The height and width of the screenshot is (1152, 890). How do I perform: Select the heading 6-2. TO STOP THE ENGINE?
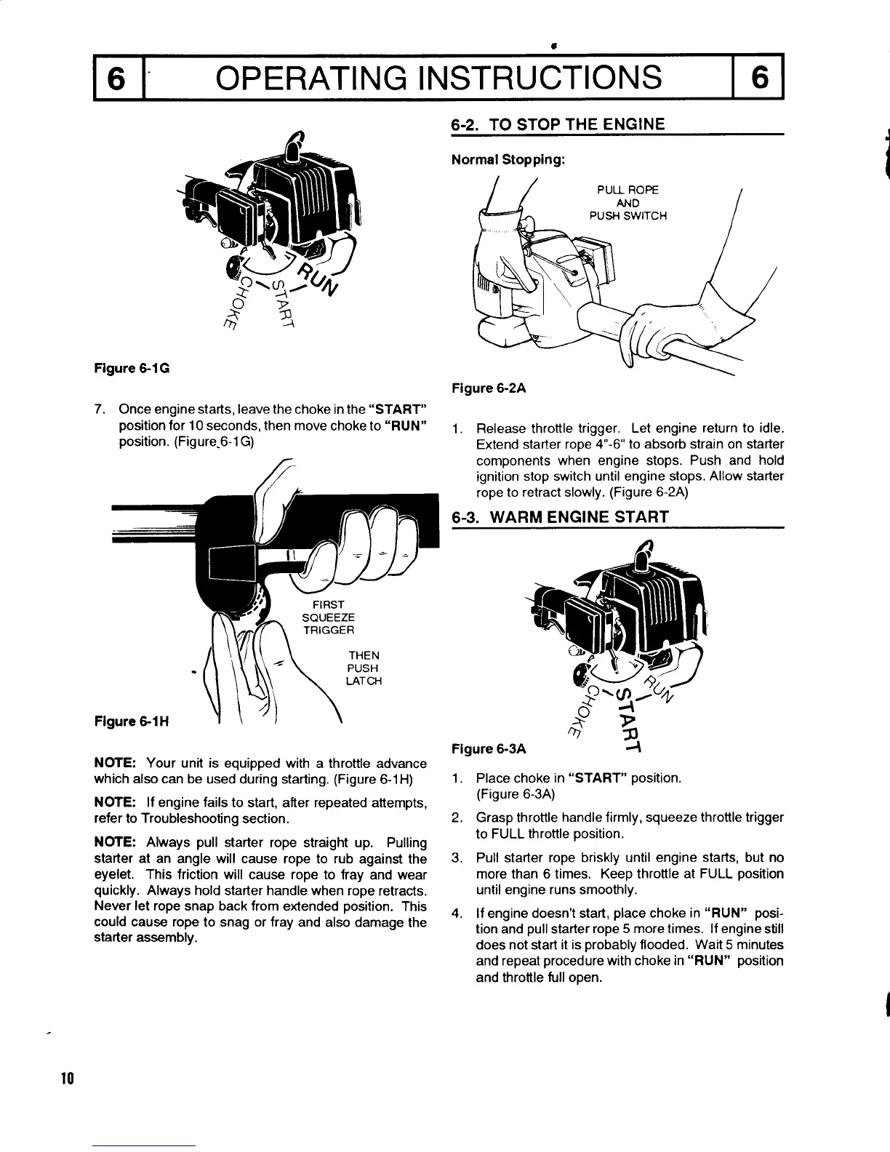558,124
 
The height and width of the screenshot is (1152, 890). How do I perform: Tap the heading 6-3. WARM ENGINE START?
560,517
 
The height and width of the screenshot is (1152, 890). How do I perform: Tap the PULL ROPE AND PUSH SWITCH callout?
627,203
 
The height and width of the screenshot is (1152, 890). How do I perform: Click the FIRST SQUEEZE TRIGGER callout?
328,617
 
